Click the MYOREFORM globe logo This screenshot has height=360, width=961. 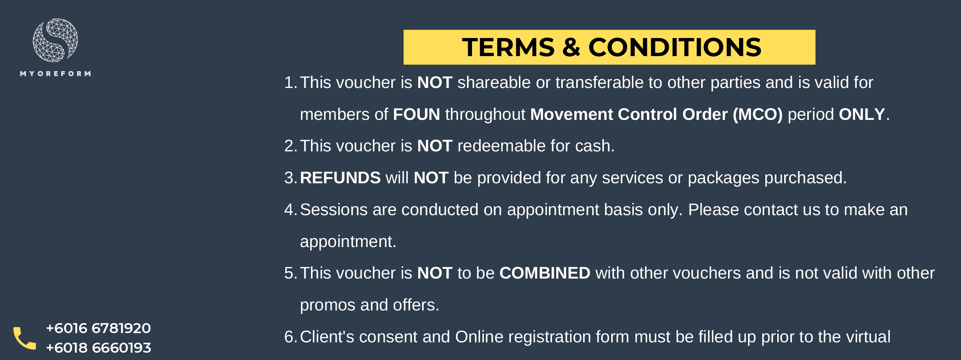coord(55,40)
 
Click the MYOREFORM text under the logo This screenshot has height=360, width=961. coord(56,73)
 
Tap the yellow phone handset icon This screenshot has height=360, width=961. coord(25,338)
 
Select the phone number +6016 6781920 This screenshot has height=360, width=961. coord(98,328)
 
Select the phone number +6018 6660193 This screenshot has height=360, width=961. coord(98,348)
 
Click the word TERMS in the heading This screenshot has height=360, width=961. coord(508,47)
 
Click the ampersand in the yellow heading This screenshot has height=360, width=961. coord(571,47)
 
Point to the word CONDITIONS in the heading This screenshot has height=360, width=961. coord(675,47)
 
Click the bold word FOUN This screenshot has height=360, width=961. coord(416,114)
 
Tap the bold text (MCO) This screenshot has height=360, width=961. coord(758,114)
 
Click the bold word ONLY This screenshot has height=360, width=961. coord(862,114)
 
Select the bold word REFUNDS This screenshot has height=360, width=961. coord(340,178)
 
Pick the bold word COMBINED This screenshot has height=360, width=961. coord(545,273)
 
